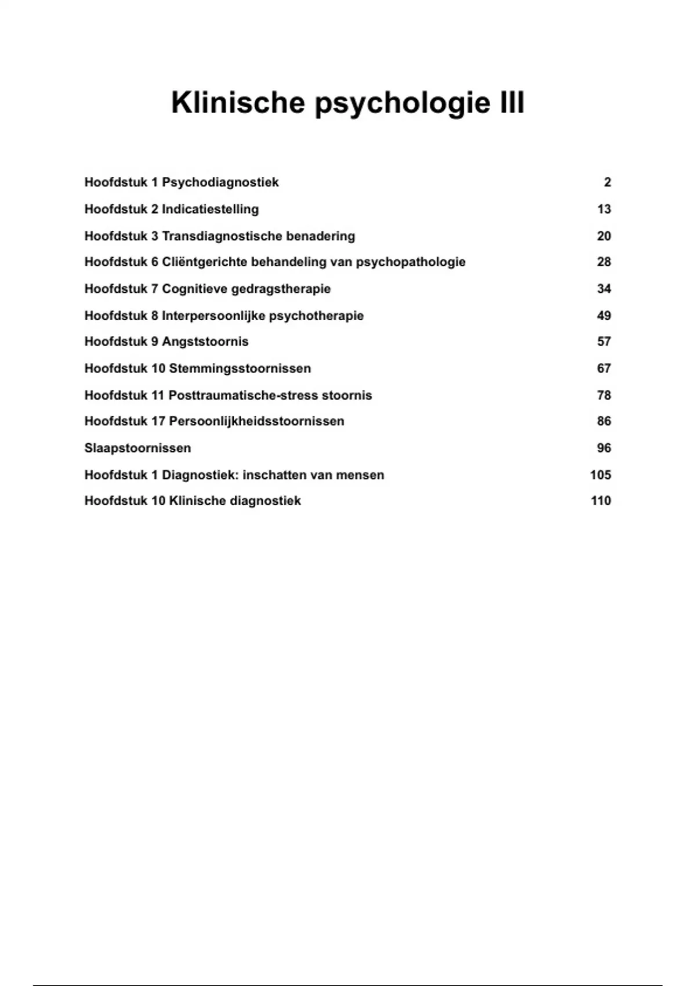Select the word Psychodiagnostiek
[220, 182]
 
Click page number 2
[607, 182]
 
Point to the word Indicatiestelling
[210, 209]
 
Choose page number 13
[604, 209]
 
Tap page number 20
[604, 236]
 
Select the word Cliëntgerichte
[204, 262]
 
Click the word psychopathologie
[411, 262]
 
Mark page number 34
[604, 289]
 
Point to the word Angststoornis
[205, 341]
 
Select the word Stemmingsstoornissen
[240, 368]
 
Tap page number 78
[604, 395]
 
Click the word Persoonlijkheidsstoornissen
[256, 421]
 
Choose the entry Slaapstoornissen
[137, 448]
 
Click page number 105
[600, 475]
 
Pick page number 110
[600, 501]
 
